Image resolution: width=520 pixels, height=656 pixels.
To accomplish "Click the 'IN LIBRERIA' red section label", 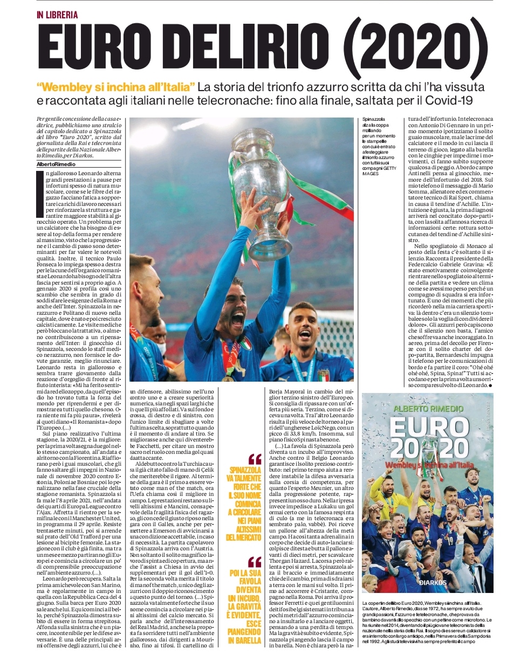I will (57, 15).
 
